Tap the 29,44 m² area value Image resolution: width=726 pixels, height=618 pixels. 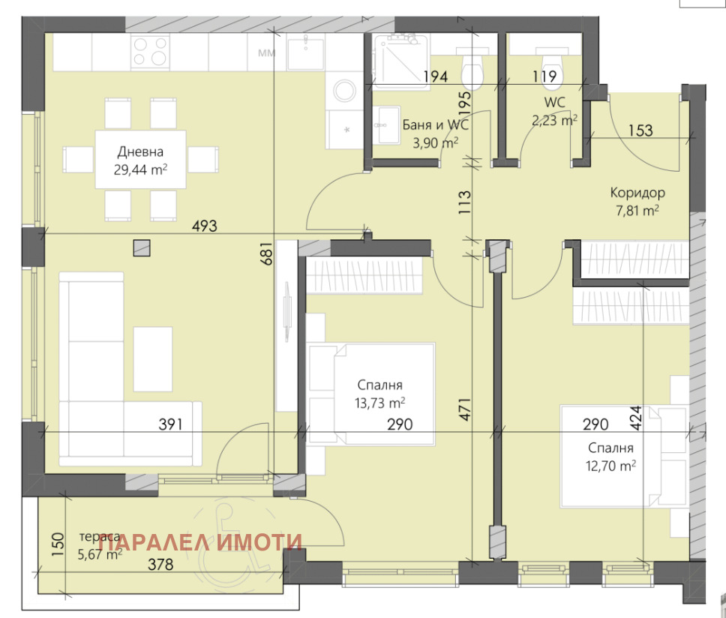coord(139,170)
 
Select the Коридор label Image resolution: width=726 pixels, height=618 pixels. coord(637,193)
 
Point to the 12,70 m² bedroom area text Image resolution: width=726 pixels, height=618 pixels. coord(611,464)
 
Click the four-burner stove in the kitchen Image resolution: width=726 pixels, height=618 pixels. coord(150,52)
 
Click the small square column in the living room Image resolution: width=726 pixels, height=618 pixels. coord(141,247)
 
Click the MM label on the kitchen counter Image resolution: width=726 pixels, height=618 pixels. coord(266,53)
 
